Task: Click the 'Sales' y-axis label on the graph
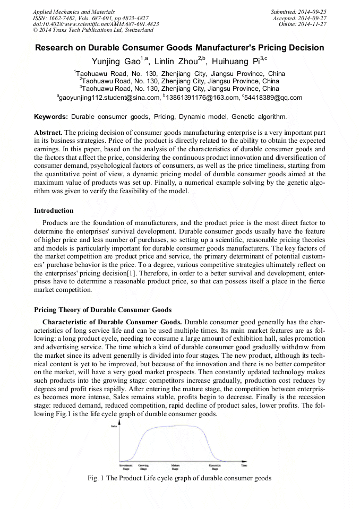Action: (113, 426)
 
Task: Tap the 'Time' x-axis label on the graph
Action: (244, 465)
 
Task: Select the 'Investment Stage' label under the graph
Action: (126, 467)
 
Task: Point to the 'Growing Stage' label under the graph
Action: (143, 467)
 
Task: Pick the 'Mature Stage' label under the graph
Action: (175, 467)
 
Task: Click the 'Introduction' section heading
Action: (54, 211)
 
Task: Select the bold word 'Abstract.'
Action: (48, 131)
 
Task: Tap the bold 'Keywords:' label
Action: (51, 116)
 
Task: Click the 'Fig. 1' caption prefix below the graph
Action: (96, 478)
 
